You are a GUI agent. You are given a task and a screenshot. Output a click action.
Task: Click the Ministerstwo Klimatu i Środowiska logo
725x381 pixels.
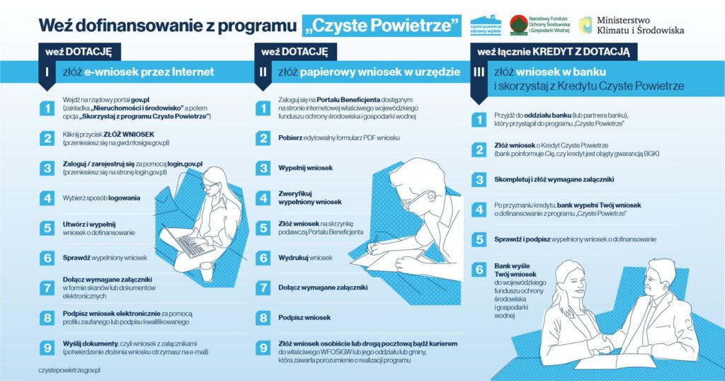pyautogui.click(x=631, y=25)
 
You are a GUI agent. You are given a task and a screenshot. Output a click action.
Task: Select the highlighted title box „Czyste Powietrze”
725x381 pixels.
pyautogui.click(x=381, y=25)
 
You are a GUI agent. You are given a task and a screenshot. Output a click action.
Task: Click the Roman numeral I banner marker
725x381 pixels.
pyautogui.click(x=46, y=74)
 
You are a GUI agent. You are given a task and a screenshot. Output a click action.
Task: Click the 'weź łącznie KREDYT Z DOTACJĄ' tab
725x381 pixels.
pyautogui.click(x=554, y=52)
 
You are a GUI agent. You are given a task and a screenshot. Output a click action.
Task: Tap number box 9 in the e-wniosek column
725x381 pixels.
pyautogui.click(x=47, y=347)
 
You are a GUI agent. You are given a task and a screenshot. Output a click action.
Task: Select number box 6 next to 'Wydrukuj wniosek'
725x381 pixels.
pyautogui.click(x=263, y=258)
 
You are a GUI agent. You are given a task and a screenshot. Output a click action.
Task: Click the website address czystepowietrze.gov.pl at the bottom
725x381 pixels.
pyautogui.click(x=69, y=370)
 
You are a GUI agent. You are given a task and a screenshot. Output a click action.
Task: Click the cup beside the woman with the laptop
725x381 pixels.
pyautogui.click(x=207, y=271)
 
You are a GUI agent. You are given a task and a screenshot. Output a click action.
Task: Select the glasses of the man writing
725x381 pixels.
pyautogui.click(x=414, y=200)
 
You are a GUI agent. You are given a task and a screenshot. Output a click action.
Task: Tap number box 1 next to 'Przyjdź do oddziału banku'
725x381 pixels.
pyautogui.click(x=479, y=119)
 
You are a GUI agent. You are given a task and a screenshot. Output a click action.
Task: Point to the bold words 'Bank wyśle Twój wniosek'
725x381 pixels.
pyautogui.click(x=515, y=270)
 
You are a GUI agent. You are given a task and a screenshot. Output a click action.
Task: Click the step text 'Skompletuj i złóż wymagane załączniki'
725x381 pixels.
pyautogui.click(x=554, y=179)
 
